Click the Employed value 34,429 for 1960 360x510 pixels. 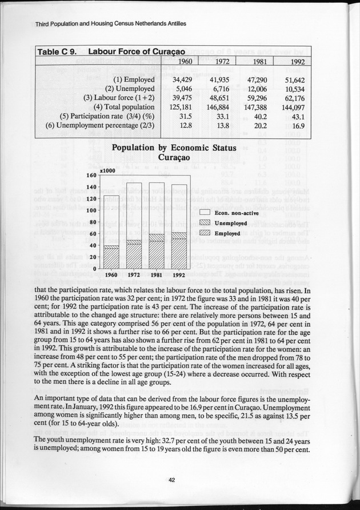tap(185, 79)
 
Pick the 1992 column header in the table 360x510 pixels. tap(297, 62)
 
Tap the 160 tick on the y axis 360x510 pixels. tap(90, 176)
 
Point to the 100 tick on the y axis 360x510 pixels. tap(90, 210)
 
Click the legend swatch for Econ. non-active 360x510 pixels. tap(206, 213)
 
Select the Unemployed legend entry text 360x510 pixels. tap(231, 223)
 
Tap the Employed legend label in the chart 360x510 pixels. tap(227, 233)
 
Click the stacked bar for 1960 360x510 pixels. tap(111, 232)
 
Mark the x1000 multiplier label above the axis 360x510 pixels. tap(107, 170)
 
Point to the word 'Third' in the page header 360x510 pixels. tap(27, 25)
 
